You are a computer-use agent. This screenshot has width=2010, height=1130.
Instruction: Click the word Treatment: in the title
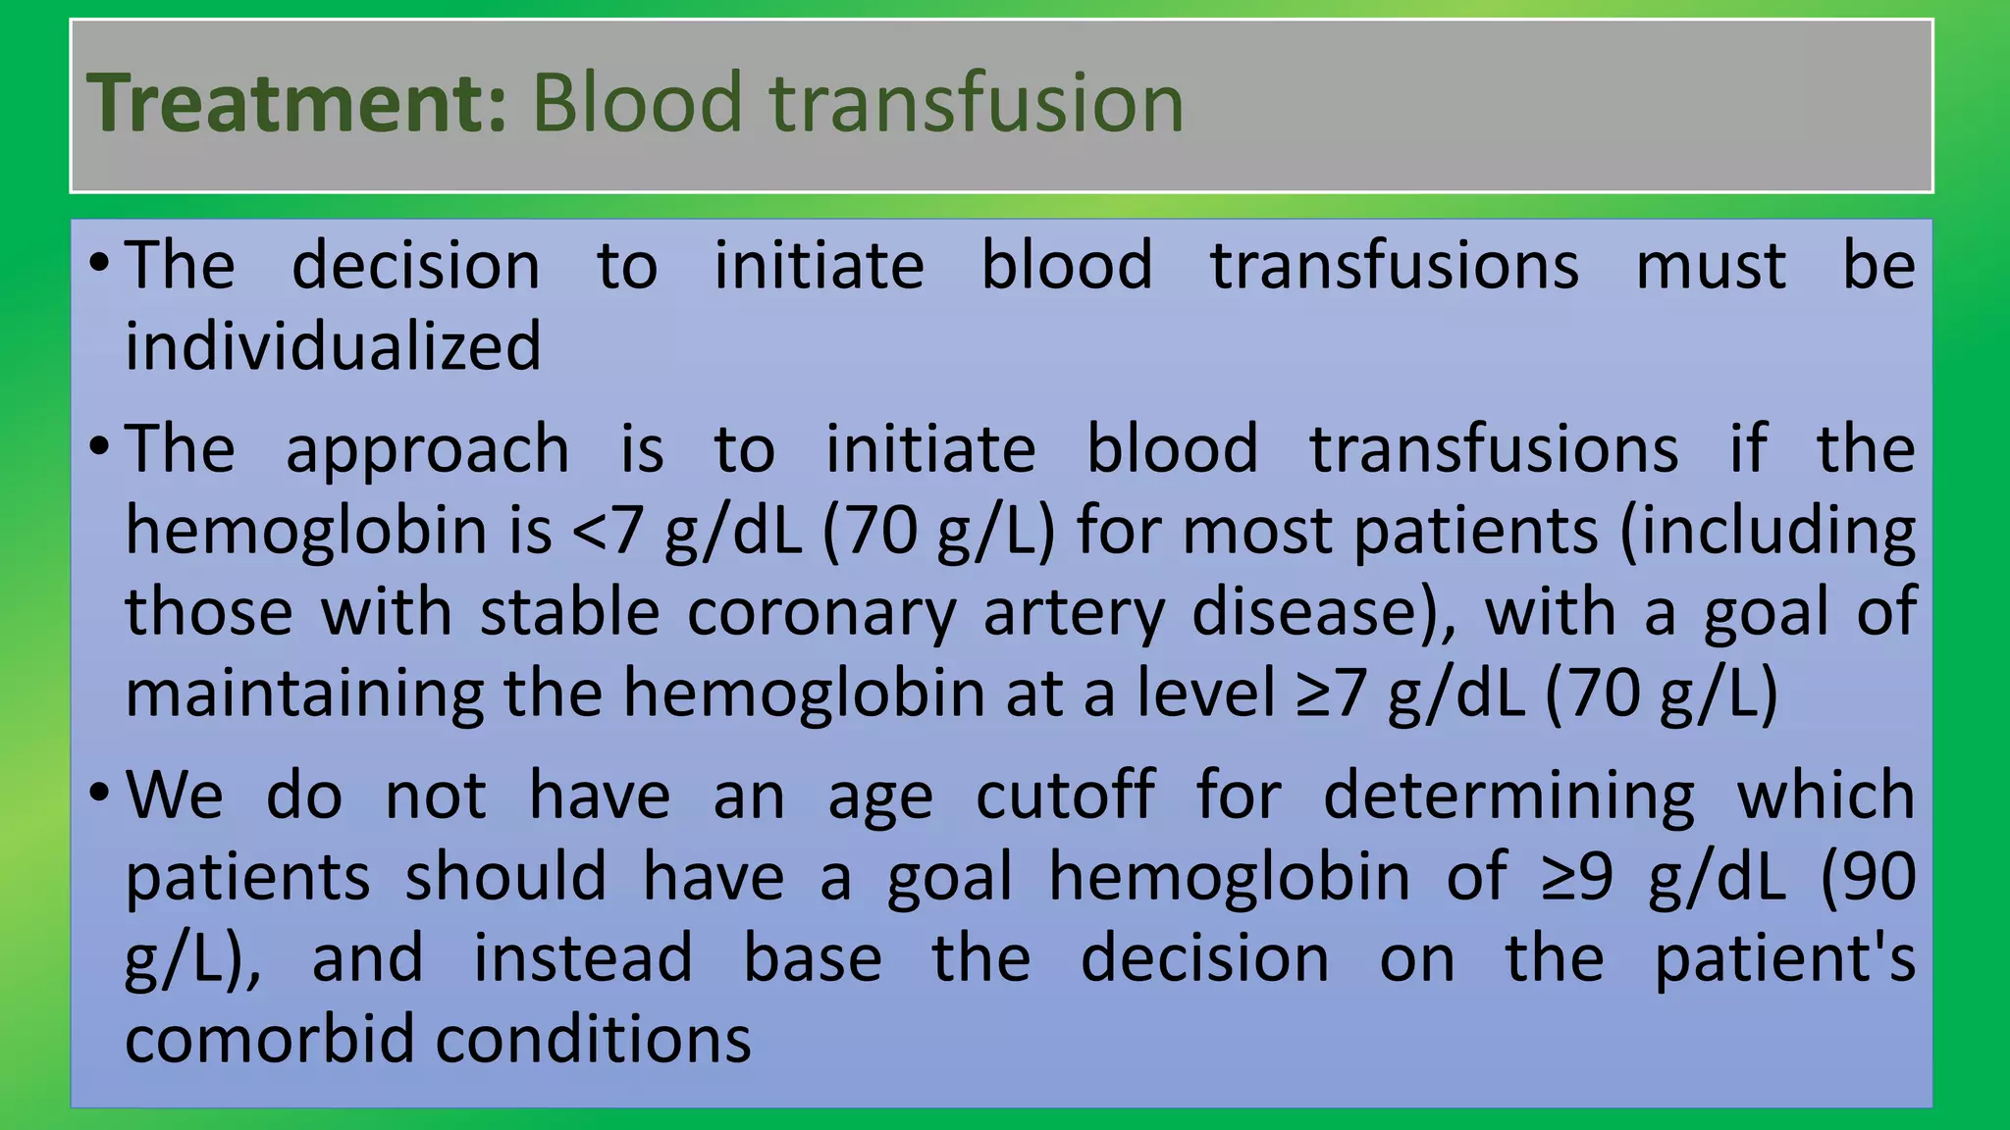[297, 103]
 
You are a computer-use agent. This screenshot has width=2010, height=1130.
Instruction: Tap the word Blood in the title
[637, 103]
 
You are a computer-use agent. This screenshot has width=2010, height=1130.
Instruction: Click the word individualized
[333, 346]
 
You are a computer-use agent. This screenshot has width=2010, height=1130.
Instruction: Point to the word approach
[427, 449]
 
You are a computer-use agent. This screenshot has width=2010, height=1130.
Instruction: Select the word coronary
[820, 612]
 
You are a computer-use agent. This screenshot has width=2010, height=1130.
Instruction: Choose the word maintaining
[304, 693]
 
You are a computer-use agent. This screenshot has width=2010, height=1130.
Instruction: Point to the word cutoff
[1065, 795]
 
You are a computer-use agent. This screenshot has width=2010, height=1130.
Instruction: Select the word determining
[1508, 796]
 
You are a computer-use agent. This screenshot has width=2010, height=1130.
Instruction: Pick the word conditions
[593, 1039]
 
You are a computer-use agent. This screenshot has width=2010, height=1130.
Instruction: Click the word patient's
[1784, 957]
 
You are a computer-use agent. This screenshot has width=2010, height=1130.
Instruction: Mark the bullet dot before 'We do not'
[98, 792]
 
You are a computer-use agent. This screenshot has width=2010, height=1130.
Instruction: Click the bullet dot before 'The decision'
[98, 263]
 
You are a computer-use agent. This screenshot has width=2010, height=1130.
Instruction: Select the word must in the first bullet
[1711, 266]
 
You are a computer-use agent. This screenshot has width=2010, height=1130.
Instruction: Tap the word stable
[569, 612]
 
